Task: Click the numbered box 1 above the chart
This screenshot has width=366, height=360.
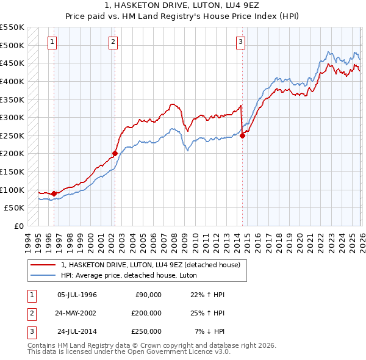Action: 52,42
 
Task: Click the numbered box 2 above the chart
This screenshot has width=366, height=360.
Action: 113,42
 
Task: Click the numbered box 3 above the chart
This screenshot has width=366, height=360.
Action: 241,42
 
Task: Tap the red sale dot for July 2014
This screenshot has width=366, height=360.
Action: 242,135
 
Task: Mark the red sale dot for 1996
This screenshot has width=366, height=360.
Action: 54,193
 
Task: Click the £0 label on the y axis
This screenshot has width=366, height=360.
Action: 18,226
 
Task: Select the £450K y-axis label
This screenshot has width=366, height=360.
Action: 13,63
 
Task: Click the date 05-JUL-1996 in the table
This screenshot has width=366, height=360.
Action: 77,295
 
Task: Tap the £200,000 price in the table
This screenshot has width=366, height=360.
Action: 146,312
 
